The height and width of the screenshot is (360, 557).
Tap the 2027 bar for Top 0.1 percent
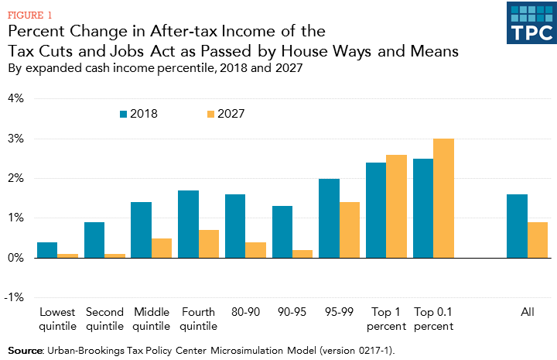pos(443,198)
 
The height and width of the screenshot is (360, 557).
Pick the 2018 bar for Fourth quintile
pos(188,225)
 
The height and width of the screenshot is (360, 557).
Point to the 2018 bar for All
pos(518,226)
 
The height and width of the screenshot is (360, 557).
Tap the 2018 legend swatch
pos(123,114)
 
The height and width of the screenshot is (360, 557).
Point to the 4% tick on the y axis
pos(17,99)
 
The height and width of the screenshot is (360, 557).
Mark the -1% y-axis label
pos(15,297)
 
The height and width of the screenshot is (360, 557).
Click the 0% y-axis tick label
pos(17,258)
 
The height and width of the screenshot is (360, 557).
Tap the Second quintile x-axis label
pos(104,319)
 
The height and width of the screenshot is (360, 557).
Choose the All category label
pos(528,313)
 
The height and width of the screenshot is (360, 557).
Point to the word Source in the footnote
pos(24,351)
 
